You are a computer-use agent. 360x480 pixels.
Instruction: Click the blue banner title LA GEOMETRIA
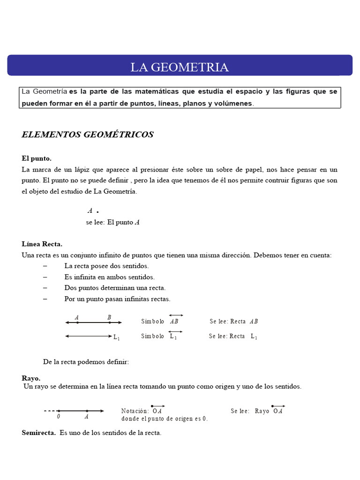[180, 67]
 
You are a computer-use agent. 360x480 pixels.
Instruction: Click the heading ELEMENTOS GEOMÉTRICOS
[88, 135]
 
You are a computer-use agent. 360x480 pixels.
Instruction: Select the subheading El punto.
[37, 158]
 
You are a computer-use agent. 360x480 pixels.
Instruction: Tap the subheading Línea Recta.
[42, 244]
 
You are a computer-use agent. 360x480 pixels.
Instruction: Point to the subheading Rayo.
[31, 378]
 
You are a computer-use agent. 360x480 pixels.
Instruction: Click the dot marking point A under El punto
[97, 212]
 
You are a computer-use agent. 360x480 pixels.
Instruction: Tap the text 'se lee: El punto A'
[112, 223]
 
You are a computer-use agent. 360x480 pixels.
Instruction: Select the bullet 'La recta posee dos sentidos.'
[106, 266]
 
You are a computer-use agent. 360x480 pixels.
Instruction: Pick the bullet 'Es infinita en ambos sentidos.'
[109, 277]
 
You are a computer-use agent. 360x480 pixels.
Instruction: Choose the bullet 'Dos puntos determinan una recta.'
[115, 288]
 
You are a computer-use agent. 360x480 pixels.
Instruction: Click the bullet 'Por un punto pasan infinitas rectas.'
[117, 299]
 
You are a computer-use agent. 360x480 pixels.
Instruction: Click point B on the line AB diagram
[109, 322]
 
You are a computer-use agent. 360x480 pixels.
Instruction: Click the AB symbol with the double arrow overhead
[174, 322]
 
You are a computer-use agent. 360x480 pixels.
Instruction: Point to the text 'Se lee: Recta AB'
[233, 322]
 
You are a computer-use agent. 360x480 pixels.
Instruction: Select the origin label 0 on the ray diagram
[59, 416]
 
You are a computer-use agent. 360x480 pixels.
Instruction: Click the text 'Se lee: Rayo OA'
[257, 411]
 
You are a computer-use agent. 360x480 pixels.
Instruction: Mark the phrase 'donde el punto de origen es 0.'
[164, 419]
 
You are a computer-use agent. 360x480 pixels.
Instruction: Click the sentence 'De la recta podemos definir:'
[86, 362]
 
